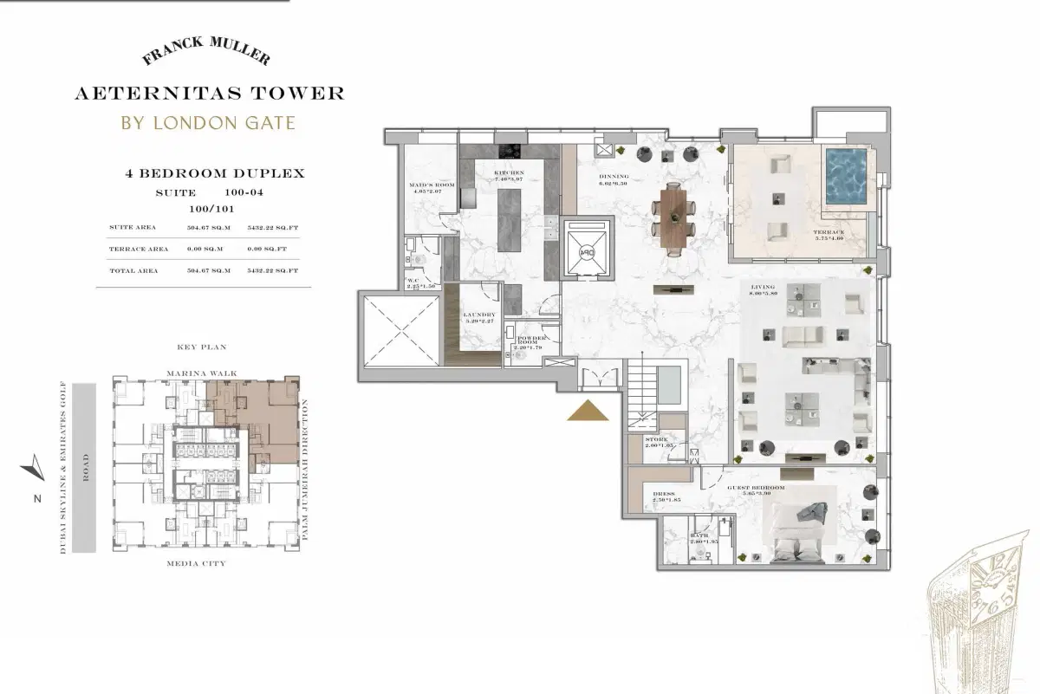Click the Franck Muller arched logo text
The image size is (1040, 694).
[x=205, y=55]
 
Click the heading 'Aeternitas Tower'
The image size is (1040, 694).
[x=210, y=93]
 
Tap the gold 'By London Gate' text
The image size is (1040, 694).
[x=208, y=122]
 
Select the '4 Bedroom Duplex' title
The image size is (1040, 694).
[x=215, y=173]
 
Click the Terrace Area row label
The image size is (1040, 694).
[x=139, y=249]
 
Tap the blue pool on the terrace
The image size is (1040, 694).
[x=847, y=178]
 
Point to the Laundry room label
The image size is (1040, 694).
[x=479, y=318]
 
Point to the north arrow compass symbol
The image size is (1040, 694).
[x=31, y=468]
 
